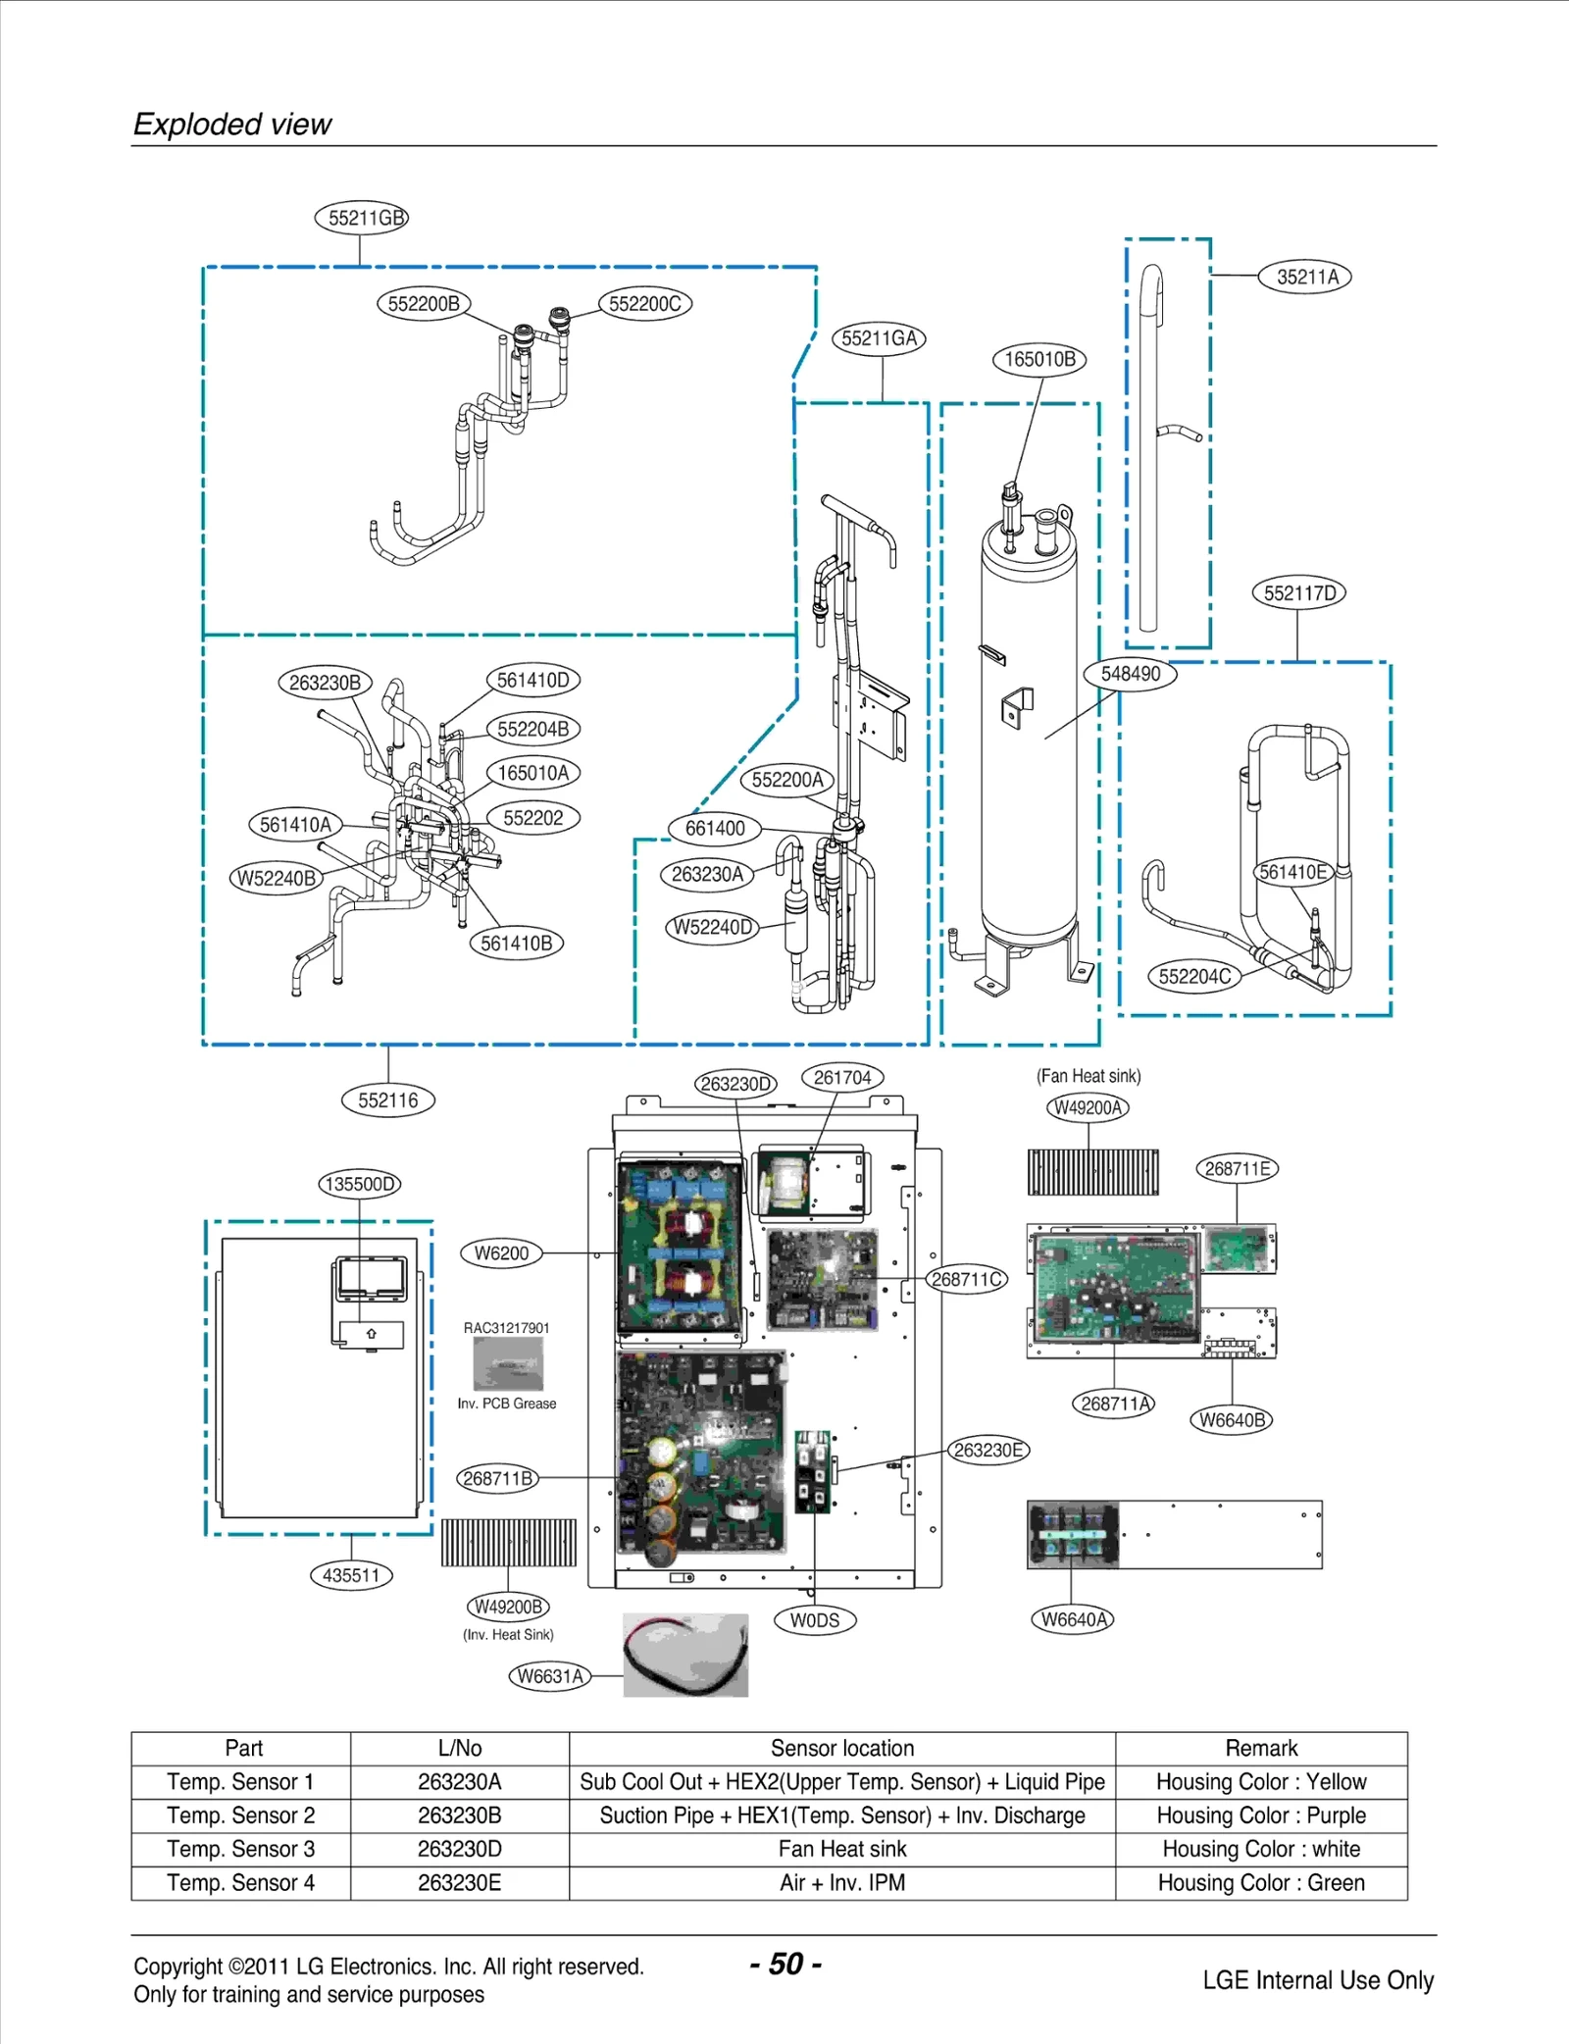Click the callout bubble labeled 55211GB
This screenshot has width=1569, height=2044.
[362, 218]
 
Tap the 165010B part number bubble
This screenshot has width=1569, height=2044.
[1039, 359]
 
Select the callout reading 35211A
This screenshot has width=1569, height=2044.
[1306, 277]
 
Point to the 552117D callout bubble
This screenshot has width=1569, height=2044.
[1298, 593]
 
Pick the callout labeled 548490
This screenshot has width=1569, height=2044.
[1130, 674]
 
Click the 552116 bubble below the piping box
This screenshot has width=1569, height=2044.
[387, 1100]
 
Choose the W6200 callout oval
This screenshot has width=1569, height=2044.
[501, 1253]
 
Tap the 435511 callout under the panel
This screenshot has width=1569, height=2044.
[351, 1575]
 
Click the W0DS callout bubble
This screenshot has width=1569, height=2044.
[815, 1620]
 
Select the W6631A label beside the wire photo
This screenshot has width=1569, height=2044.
[550, 1676]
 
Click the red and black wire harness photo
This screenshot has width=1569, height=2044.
[685, 1655]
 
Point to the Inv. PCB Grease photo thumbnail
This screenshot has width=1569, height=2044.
[508, 1363]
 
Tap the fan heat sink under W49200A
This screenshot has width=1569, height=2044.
[1092, 1172]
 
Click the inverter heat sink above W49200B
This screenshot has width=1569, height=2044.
[508, 1543]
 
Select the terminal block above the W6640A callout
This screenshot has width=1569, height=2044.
[1073, 1535]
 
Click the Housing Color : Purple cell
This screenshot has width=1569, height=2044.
[1260, 1815]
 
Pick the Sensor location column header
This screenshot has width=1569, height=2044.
[841, 1748]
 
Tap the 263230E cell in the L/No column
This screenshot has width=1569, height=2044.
[459, 1882]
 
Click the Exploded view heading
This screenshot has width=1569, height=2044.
[232, 125]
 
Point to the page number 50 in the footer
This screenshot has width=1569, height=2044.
[785, 1964]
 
